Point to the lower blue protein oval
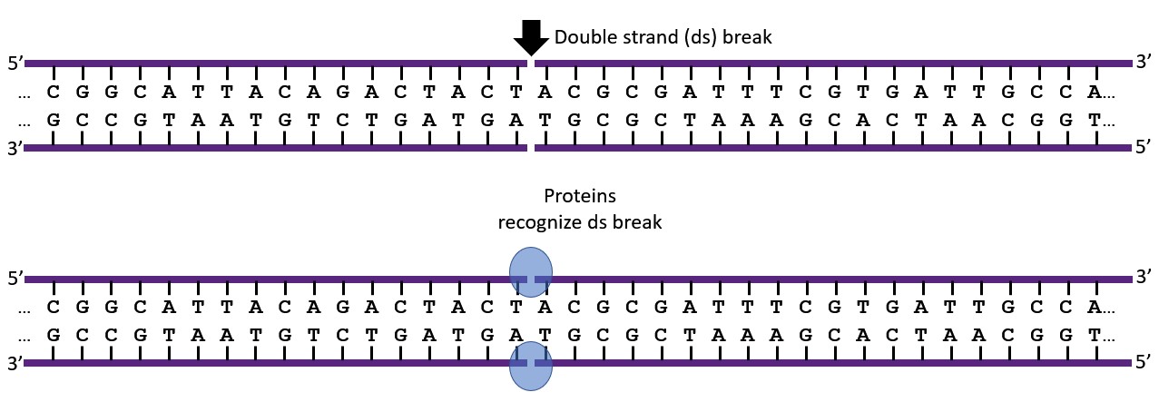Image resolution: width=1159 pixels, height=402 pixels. (530, 366)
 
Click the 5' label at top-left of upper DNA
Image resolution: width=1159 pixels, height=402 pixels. (15, 64)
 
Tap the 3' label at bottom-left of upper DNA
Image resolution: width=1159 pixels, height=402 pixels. (15, 147)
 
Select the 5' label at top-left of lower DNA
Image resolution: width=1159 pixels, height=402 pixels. (15, 279)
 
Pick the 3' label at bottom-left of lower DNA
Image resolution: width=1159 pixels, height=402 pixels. (15, 363)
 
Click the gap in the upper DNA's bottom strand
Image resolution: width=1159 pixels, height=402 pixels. (532, 147)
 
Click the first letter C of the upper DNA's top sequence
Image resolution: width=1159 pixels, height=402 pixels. (54, 92)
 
